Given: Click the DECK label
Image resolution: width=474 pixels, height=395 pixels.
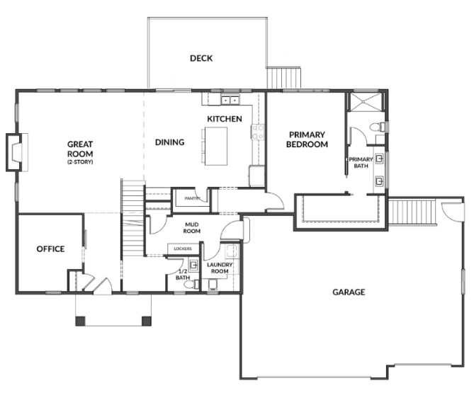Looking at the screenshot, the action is (x=201, y=58).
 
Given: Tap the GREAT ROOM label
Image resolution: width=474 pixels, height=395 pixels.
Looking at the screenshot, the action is (x=80, y=149).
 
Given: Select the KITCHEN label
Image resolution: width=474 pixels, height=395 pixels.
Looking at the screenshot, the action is (x=225, y=119).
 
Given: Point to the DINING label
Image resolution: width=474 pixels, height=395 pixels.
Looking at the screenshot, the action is (x=169, y=142).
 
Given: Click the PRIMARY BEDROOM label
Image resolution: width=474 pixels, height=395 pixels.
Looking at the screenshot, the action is (x=307, y=139).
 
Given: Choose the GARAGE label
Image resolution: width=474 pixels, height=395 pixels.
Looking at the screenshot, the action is (x=349, y=292).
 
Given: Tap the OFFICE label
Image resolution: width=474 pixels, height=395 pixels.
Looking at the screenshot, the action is (x=50, y=249).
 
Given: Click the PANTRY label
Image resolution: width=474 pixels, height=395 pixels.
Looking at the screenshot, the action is (x=192, y=198).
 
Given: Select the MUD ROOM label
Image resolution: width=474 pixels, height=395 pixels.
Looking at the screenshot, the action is (x=192, y=228).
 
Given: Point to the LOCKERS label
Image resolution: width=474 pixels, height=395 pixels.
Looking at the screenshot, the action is (x=183, y=248).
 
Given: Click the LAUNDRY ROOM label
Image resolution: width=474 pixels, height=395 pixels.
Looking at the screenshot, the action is (x=220, y=268).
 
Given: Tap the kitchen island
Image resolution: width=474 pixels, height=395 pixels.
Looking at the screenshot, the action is (x=216, y=146).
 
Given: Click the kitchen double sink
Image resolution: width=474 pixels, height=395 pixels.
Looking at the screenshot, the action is (x=230, y=99).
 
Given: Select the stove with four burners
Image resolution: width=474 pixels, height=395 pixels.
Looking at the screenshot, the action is (x=258, y=132).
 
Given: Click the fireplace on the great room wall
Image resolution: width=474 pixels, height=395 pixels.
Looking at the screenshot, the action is (x=14, y=152).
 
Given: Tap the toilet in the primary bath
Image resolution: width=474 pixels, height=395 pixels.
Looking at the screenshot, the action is (x=378, y=127).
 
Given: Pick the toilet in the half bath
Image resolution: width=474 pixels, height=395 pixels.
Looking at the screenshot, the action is (x=191, y=284).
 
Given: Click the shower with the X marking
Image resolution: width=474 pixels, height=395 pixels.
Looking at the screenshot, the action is (x=366, y=102).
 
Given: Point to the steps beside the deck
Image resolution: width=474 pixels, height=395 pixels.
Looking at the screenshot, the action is (x=284, y=78).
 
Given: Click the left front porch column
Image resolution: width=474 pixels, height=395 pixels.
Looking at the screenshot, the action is (x=80, y=321).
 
